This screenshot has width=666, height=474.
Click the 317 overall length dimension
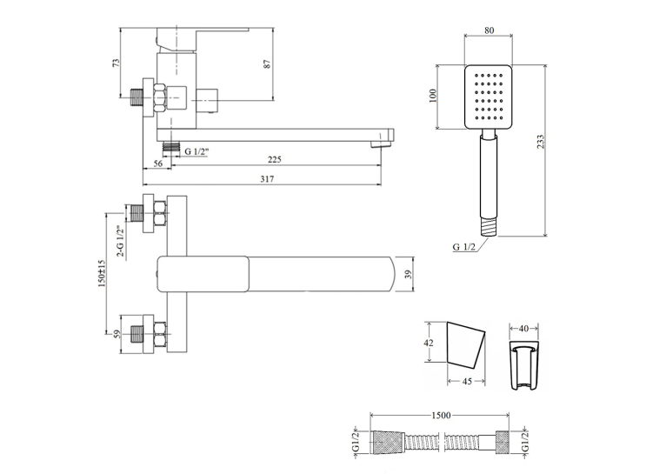tap(267, 179)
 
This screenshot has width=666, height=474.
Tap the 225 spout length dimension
tap(275, 160)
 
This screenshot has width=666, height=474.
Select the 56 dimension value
tap(157, 164)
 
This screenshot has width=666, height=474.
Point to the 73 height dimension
tap(116, 63)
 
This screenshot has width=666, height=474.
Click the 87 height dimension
tap(267, 64)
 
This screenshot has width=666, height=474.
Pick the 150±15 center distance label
tap(102, 274)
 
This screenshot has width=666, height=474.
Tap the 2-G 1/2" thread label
tap(121, 242)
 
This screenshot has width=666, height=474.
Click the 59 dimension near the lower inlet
tap(117, 334)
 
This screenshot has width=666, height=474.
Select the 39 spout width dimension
tap(408, 274)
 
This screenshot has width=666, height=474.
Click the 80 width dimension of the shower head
tap(489, 30)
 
